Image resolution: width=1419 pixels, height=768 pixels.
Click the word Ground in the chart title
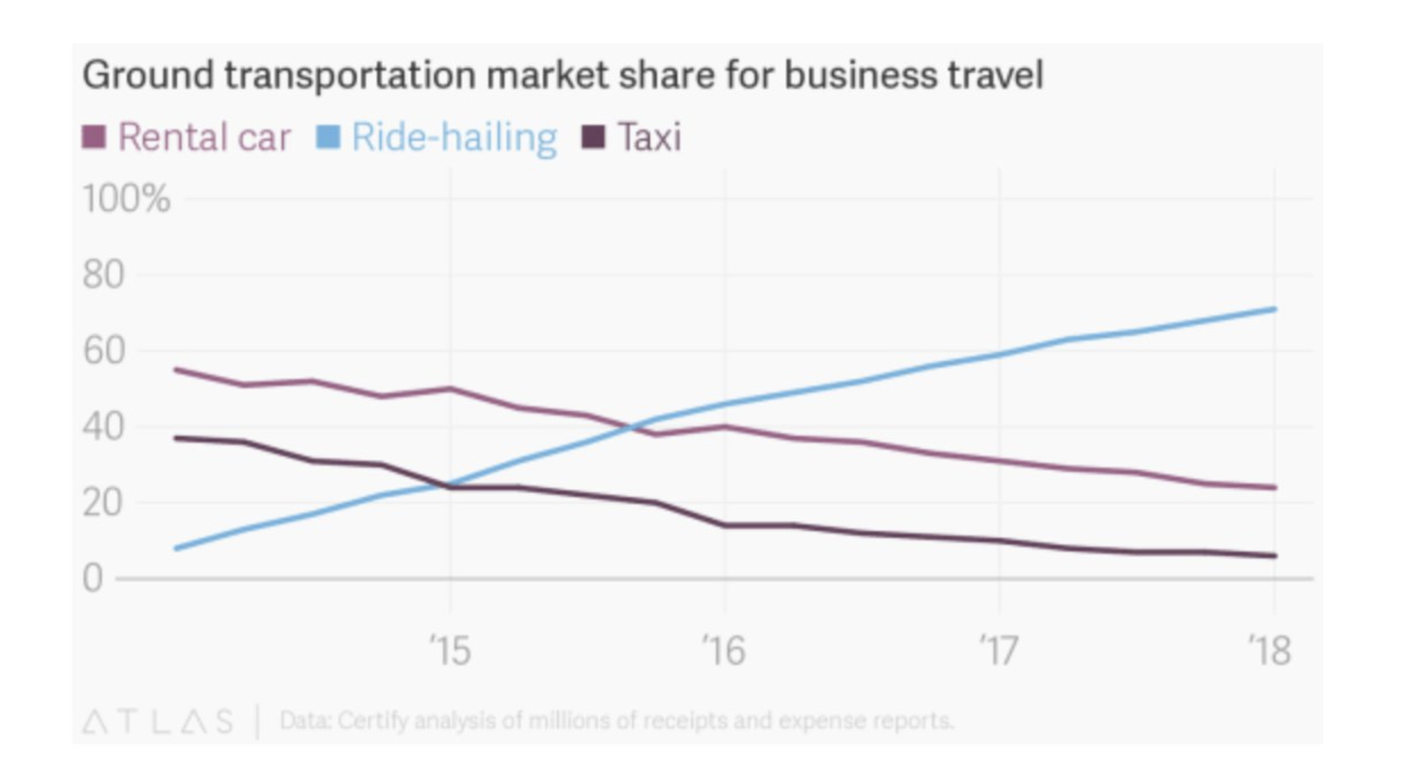pyautogui.click(x=147, y=75)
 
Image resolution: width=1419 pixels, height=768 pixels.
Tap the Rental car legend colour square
pyautogui.click(x=94, y=137)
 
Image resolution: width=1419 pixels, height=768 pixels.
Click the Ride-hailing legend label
pyautogui.click(x=454, y=137)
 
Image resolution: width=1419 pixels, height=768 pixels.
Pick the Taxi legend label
pyautogui.click(x=649, y=137)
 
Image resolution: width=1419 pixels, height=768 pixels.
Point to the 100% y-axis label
pyautogui.click(x=127, y=198)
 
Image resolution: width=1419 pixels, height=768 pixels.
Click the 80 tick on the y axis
pyautogui.click(x=103, y=275)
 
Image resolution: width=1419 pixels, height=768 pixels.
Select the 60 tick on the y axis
pyautogui.click(x=103, y=350)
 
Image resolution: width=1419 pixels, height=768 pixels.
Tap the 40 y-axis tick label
pyautogui.click(x=103, y=427)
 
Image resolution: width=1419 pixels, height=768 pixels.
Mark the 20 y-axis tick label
pyautogui.click(x=103, y=503)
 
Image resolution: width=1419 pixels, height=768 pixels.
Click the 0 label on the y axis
pyautogui.click(x=93, y=579)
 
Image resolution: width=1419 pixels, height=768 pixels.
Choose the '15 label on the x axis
pyautogui.click(x=450, y=650)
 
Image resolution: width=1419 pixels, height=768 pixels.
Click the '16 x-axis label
pyautogui.click(x=723, y=650)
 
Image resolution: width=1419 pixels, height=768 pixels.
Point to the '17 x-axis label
pyautogui.click(x=998, y=650)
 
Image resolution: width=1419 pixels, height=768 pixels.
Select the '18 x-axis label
pyautogui.click(x=1270, y=650)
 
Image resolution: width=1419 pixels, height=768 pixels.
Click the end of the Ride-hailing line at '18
pyautogui.click(x=1274, y=310)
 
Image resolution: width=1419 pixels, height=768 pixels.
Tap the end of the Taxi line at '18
pyautogui.click(x=1274, y=556)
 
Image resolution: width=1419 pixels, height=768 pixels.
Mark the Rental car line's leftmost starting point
pyautogui.click(x=176, y=369)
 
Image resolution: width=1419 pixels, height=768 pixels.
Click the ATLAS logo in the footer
pyautogui.click(x=158, y=722)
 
